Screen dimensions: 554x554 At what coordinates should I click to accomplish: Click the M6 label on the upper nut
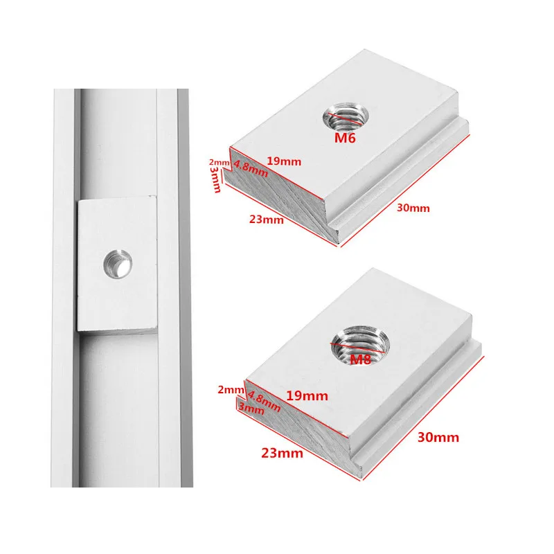point(345,138)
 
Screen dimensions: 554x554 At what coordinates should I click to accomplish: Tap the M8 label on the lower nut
point(360,359)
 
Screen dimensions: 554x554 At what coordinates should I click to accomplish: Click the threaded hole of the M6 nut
point(346,116)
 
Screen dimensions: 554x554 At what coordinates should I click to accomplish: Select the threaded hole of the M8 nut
point(360,344)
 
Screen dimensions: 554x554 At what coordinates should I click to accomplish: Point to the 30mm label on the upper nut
point(413,208)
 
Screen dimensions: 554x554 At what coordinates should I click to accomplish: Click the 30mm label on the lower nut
point(438,438)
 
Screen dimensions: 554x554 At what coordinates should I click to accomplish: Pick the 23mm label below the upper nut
point(267,220)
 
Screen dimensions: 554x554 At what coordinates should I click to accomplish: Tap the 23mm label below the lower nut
point(282,453)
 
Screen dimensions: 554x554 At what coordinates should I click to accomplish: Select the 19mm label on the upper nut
point(284,161)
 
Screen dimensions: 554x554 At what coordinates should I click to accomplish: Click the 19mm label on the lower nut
point(307,395)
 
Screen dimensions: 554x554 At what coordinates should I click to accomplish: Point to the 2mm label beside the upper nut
point(219,162)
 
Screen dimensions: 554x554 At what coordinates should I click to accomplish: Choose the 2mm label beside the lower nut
point(231,390)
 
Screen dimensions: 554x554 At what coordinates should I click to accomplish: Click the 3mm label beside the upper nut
point(215,179)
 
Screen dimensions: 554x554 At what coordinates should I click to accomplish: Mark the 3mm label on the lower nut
point(251,408)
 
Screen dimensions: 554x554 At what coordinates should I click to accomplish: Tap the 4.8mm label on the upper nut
point(250,168)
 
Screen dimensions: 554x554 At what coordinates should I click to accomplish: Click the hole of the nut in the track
point(118,264)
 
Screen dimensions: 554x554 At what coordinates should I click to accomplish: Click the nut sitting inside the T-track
point(117,265)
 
